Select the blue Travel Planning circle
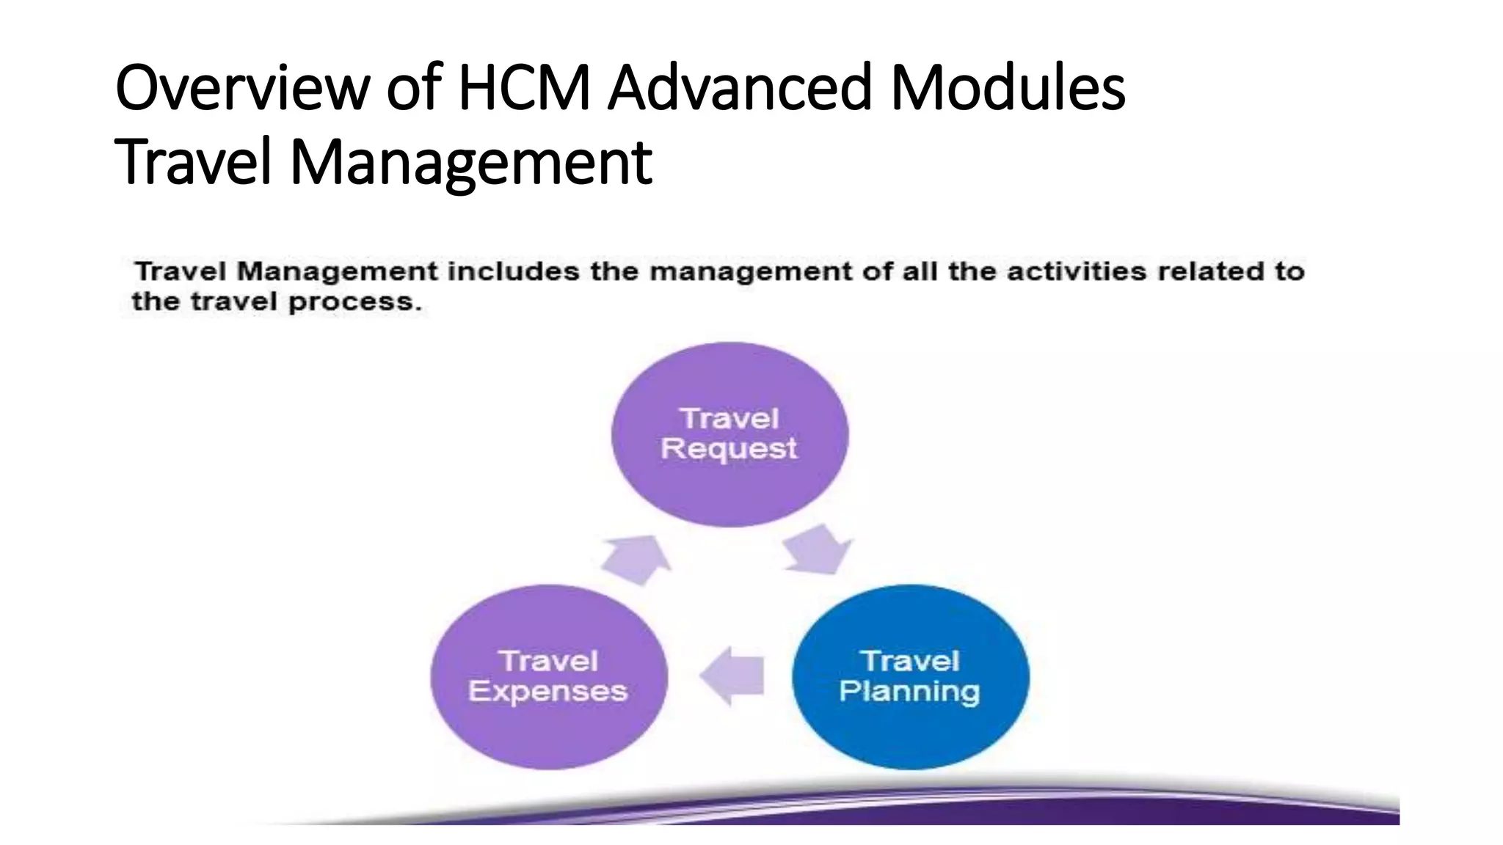point(910,726)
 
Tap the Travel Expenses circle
point(549,726)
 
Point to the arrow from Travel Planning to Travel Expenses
point(733,676)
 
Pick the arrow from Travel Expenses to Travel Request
point(636,559)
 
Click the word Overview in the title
point(242,88)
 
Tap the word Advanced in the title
point(740,88)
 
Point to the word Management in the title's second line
point(471,163)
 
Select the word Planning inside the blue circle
point(909,692)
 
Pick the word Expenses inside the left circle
point(548,692)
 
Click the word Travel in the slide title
point(194,163)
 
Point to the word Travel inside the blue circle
point(910,661)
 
